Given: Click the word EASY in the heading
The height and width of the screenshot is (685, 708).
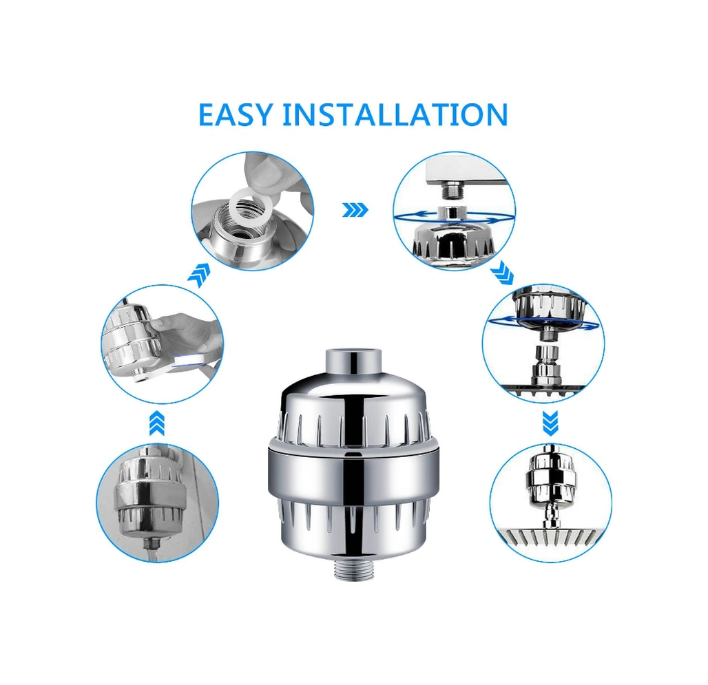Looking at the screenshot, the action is click(x=236, y=114).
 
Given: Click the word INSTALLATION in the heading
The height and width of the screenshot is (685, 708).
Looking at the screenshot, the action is click(x=395, y=114).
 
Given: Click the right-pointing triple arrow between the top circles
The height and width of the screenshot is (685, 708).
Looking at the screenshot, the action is click(x=355, y=210).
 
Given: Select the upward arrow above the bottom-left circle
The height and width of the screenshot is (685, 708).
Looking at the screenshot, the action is click(x=156, y=423).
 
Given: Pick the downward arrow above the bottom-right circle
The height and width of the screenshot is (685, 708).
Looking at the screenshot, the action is click(x=550, y=423).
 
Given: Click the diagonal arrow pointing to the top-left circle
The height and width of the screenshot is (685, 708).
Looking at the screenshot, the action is click(x=199, y=275).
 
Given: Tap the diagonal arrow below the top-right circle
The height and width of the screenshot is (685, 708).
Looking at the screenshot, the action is click(x=501, y=273).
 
